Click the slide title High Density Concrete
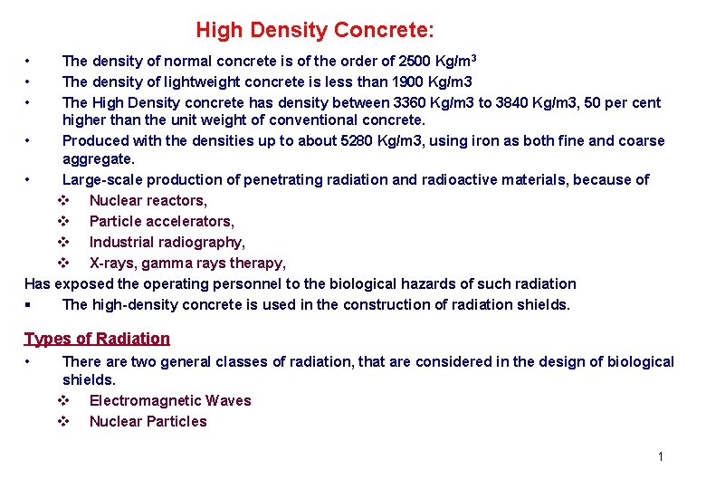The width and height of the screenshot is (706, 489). click(x=315, y=31)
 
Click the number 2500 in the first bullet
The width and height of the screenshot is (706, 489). click(x=417, y=62)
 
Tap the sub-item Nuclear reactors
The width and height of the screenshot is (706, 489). click(x=148, y=201)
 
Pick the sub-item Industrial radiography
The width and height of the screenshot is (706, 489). click(x=167, y=243)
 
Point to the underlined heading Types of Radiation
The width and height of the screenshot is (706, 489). click(x=97, y=339)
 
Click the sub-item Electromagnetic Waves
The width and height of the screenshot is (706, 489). click(x=170, y=401)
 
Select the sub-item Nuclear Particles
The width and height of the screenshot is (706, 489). click(x=148, y=422)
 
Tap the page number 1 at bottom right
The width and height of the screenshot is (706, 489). click(x=661, y=456)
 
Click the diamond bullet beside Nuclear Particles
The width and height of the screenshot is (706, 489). click(x=64, y=422)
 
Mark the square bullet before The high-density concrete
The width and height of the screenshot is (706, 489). click(x=31, y=305)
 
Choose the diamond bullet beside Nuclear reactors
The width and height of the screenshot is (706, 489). click(x=64, y=201)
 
